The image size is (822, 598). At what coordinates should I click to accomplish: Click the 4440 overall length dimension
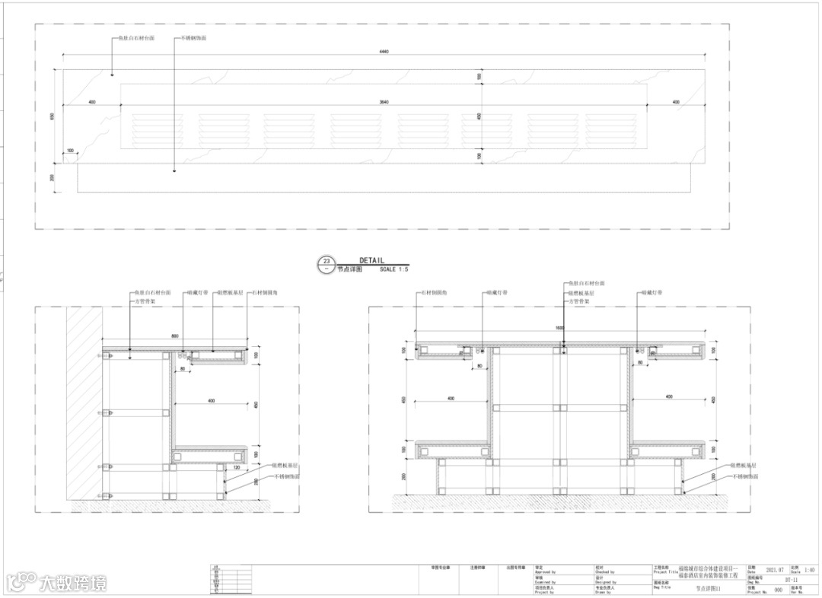coord(384,52)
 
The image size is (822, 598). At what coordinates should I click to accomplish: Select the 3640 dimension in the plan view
coord(384,102)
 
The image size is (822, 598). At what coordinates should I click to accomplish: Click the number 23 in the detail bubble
coord(327,261)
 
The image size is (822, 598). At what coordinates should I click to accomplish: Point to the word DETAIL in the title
coord(372,260)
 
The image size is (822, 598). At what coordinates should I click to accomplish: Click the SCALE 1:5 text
coord(393,269)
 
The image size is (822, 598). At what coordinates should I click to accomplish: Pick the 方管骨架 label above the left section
coord(145,301)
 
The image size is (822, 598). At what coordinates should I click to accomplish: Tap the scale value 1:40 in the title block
coord(809,570)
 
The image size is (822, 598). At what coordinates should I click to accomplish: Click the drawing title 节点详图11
coord(707,588)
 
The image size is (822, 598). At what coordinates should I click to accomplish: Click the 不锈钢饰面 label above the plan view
coord(193,37)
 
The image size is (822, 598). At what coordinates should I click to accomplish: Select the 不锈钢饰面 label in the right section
coord(745,476)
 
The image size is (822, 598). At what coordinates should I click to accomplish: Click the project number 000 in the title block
coord(778,590)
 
